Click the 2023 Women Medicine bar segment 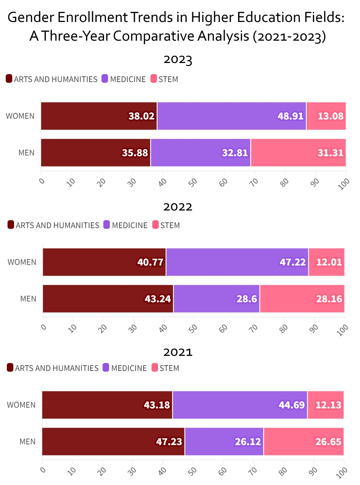(231, 116)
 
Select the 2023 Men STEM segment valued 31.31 (298, 153)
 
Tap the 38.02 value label (141, 116)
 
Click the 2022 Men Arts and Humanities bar (108, 299)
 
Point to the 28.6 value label (247, 299)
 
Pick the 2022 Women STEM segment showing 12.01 (327, 262)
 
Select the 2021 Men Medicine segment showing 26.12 (224, 441)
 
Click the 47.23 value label (169, 442)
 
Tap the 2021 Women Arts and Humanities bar (107, 405)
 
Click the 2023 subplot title (178, 59)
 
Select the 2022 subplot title (178, 207)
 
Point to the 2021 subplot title (178, 352)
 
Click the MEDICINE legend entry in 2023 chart (124, 79)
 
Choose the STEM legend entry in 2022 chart (166, 225)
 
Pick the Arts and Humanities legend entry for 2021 (53, 368)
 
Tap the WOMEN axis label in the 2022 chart (22, 262)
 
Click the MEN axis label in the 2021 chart (27, 441)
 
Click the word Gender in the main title (30, 17)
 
